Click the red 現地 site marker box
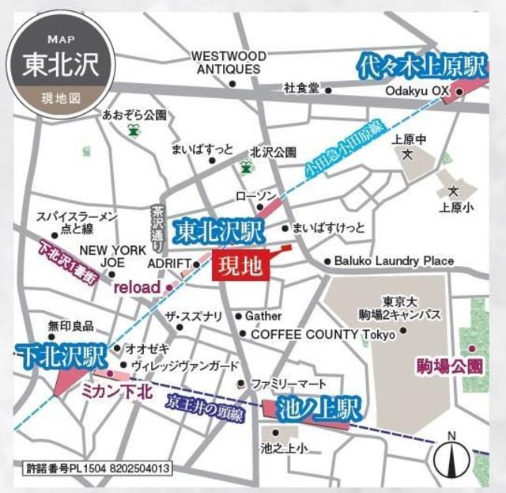pos(240,266)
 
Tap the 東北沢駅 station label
pos(218,231)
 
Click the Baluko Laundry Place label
pos(394,261)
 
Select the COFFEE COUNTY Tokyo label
pos(323,334)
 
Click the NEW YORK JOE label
pos(101,256)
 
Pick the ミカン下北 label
pos(116,390)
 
